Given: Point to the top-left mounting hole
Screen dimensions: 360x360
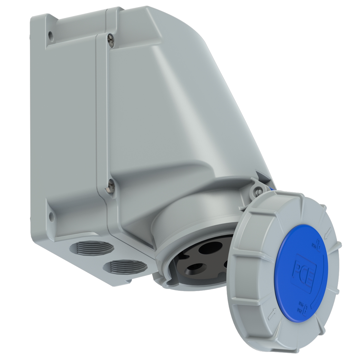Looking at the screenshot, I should (x=50, y=35).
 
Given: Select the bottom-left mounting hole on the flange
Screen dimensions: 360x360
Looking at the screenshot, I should (x=52, y=215).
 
